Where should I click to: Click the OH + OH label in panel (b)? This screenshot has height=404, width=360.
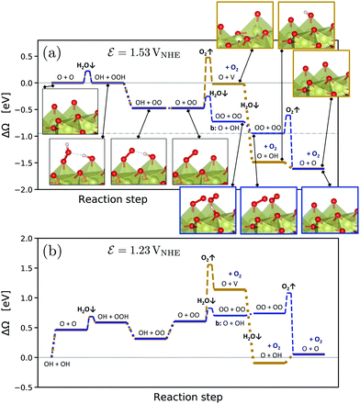pyautogui.click(x=57, y=365)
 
